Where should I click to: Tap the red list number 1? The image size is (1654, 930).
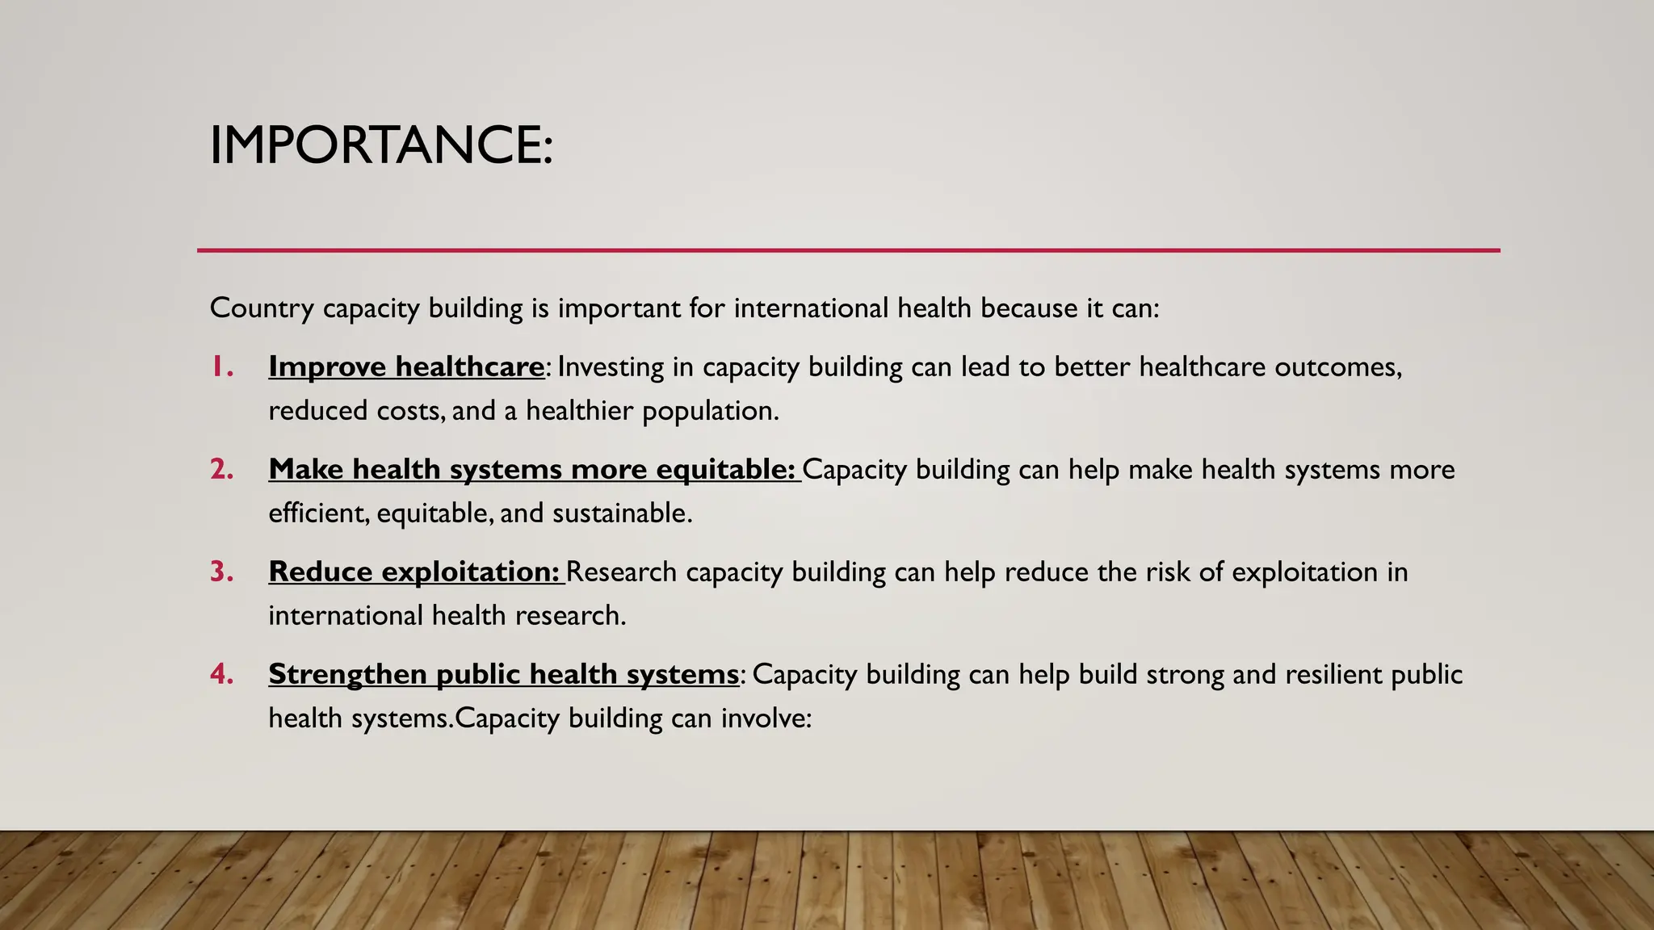(222, 367)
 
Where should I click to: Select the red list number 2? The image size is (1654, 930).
(222, 469)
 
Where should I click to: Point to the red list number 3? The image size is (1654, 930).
(222, 572)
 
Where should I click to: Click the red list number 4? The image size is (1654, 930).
(222, 674)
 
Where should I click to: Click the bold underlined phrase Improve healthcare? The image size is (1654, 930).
(406, 367)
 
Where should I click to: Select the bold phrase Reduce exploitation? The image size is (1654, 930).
(413, 572)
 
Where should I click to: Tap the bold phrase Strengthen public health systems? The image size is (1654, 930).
(503, 674)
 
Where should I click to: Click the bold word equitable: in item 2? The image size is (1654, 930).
(725, 469)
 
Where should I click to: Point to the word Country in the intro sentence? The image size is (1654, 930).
(261, 308)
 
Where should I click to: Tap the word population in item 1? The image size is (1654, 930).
(710, 411)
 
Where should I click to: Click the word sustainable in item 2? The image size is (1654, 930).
(621, 513)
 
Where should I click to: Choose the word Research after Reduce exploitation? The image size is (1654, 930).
(621, 572)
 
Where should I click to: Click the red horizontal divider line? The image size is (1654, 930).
(848, 250)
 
